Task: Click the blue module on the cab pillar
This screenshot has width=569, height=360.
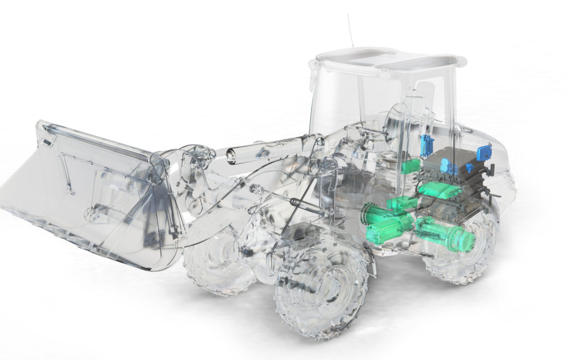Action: pos(427,144)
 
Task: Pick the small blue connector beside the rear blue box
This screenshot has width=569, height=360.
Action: pos(470,168)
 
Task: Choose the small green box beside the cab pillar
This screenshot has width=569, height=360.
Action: pos(410,165)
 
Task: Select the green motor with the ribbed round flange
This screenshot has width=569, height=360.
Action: pos(377,214)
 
